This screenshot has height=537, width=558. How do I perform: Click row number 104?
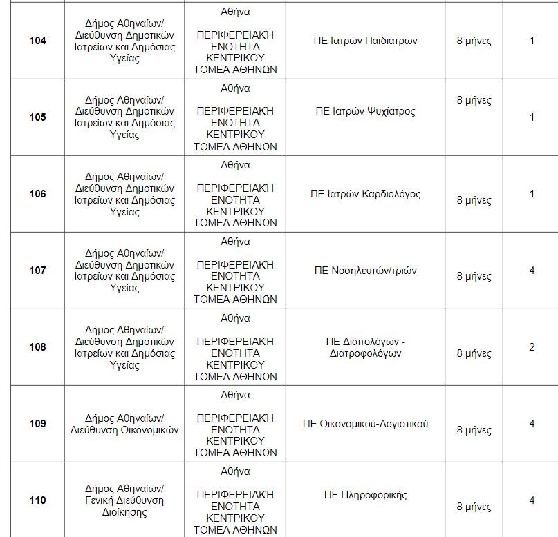click(37, 41)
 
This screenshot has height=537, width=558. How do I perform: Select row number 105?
click(37, 117)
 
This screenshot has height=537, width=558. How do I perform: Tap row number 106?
click(37, 194)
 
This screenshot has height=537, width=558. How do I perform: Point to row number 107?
click(37, 271)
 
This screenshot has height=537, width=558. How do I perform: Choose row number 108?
click(37, 347)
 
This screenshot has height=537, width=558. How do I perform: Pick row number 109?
click(37, 424)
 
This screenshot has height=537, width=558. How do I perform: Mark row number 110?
click(37, 500)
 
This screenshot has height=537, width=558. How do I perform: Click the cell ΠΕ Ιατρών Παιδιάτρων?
click(365, 41)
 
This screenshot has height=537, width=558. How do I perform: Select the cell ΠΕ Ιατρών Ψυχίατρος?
click(365, 111)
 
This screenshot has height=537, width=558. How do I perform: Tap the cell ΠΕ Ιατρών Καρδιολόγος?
click(365, 194)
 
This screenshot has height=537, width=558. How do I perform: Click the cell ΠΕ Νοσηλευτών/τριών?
click(365, 271)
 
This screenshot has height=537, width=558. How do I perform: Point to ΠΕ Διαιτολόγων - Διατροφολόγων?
click(365, 347)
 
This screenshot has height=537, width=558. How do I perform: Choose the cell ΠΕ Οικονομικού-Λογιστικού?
click(365, 423)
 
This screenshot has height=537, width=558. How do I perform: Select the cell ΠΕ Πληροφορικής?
click(365, 495)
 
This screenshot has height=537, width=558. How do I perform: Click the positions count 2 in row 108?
click(532, 347)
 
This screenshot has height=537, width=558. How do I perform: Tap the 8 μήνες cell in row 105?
click(474, 100)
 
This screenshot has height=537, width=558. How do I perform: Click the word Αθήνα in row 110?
click(235, 472)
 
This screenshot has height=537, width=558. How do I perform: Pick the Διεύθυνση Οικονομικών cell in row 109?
click(124, 424)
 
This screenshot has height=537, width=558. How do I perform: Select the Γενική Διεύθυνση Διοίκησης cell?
click(124, 500)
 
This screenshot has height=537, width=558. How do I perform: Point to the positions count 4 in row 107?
click(532, 271)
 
